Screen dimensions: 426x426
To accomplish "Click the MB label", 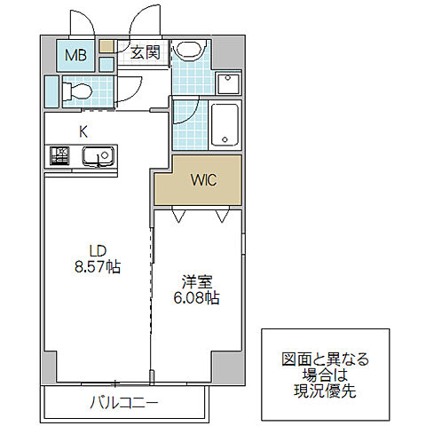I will (x=75, y=55).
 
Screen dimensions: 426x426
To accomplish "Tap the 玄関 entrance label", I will (x=145, y=53).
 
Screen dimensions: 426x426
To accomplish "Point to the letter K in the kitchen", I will (x=83, y=131).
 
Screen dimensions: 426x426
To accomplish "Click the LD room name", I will (x=95, y=249).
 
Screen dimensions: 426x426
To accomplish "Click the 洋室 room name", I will (x=193, y=282).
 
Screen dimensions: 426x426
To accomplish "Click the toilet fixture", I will (x=75, y=90).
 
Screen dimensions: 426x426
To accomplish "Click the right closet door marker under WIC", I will (x=222, y=214).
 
